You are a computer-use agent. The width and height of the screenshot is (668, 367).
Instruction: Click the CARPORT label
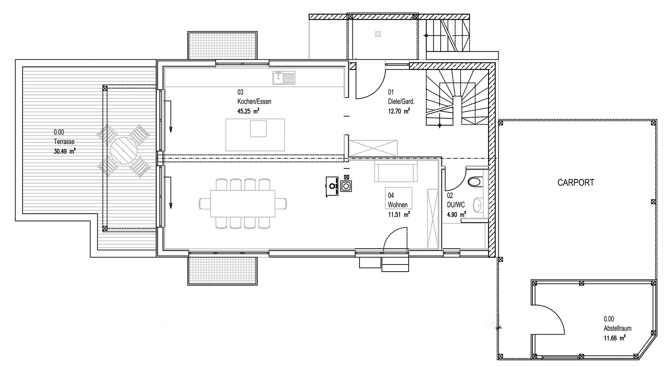pos(576,183)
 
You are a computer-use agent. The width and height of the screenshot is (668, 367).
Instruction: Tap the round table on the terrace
pos(124,151)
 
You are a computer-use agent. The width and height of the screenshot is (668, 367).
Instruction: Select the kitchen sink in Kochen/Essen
pos(284,78)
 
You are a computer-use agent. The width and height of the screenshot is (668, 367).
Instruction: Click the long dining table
pos(242,203)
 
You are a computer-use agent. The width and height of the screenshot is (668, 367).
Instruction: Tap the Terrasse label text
pos(64,142)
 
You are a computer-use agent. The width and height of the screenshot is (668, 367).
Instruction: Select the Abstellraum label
pos(617,328)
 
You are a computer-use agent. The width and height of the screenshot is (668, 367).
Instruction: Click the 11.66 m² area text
pos(615,338)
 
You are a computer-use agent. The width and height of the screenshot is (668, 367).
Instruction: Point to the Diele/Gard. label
pos(401,101)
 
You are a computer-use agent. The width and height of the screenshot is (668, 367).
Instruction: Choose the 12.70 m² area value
pos(399,111)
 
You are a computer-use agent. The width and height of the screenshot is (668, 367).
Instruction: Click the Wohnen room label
pos(398,205)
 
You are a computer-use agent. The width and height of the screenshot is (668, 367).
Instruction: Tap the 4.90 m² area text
pos(456,214)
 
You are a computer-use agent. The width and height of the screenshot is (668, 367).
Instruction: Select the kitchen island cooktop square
pos(258,129)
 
